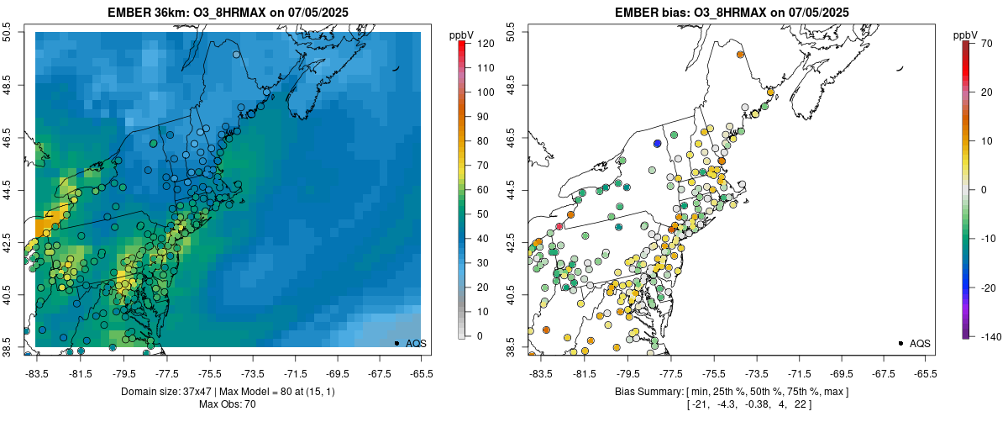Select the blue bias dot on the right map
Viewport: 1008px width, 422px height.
658,144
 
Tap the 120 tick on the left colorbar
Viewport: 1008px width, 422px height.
486,43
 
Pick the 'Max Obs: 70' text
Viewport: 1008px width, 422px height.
228,404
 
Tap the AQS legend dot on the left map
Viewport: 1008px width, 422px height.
396,343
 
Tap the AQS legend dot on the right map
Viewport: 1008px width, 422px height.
900,343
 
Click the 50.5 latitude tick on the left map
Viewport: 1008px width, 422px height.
8,33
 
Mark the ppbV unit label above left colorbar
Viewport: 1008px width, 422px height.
461,34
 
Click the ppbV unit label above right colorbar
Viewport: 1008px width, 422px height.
965,34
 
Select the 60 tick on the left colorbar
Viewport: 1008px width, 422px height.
483,189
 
